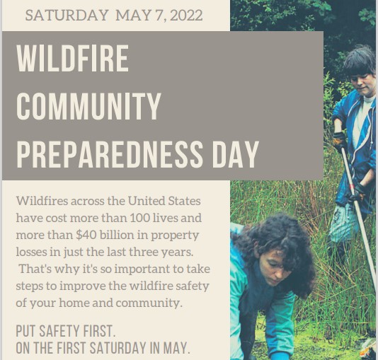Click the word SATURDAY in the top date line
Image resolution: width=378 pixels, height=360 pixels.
(x=67, y=15)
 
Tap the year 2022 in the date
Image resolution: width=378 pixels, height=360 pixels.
(x=186, y=15)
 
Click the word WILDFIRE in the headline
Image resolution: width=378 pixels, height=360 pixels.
(x=73, y=59)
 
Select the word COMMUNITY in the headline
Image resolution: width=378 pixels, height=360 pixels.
(x=88, y=106)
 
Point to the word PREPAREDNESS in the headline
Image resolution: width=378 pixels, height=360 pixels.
(x=109, y=154)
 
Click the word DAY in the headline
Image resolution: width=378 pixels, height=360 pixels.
(x=235, y=154)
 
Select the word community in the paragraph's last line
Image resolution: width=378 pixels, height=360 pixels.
(x=149, y=303)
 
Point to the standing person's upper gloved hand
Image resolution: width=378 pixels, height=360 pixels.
(x=340, y=141)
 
